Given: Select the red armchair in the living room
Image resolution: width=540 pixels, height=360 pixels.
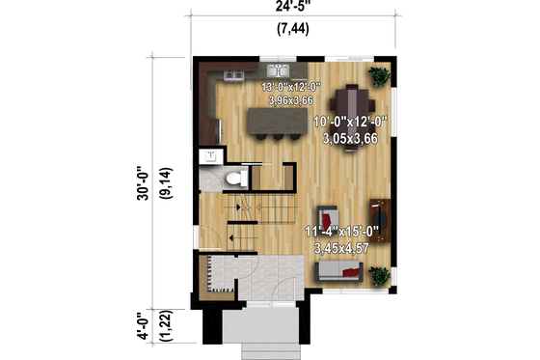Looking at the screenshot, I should [330, 217].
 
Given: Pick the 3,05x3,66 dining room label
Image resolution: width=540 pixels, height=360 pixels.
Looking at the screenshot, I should [350, 137].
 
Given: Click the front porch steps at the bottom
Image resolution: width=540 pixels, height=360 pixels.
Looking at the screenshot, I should [260, 346].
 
